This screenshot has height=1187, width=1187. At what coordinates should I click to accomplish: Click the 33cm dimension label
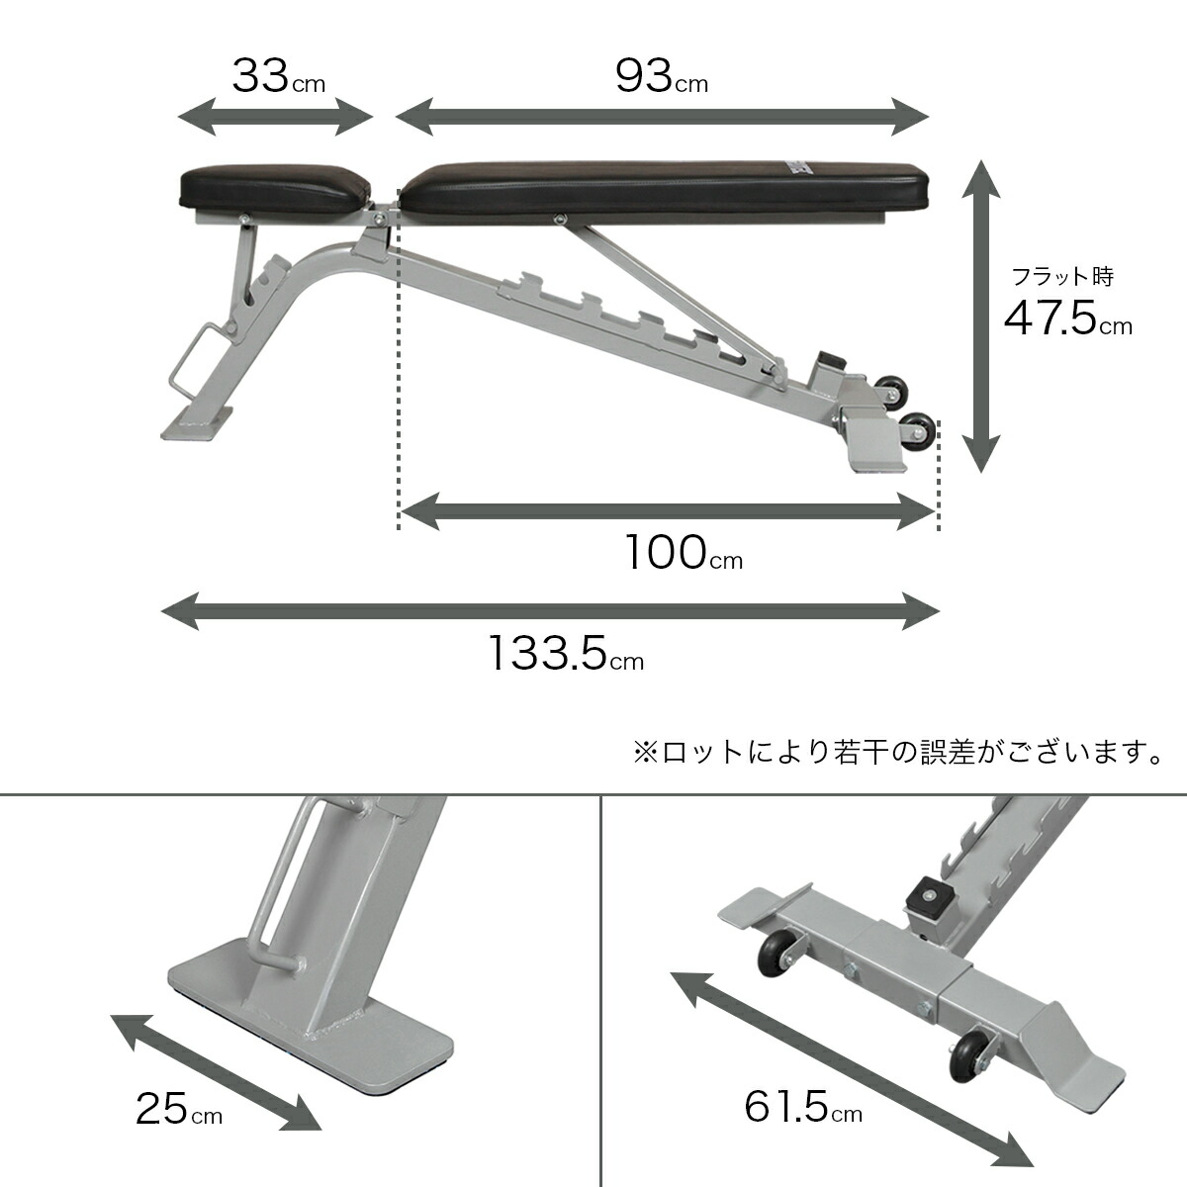pos(277,77)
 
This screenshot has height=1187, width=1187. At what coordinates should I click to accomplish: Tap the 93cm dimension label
pos(661,77)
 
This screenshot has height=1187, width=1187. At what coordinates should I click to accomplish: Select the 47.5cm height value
pos(1066,320)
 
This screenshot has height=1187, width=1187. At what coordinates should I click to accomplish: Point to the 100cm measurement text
pos(683,554)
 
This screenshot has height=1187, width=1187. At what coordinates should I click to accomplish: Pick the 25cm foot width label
pos(178,1110)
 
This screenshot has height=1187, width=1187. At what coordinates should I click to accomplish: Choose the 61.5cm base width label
pos(802,1108)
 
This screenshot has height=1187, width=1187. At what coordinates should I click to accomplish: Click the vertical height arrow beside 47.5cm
pos(980,317)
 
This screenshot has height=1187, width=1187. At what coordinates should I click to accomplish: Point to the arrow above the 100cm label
pos(668,512)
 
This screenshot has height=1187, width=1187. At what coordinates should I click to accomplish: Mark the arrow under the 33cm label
pos(275,117)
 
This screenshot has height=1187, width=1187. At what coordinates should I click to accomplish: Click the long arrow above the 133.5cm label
pos(550,611)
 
